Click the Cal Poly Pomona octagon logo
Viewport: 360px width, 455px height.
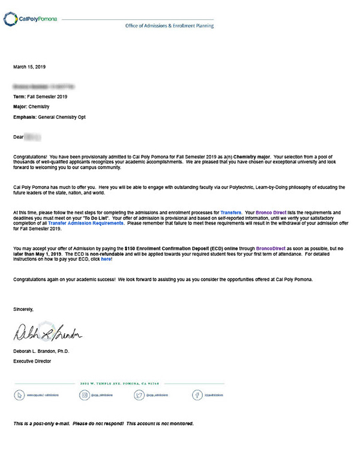tap(10, 19)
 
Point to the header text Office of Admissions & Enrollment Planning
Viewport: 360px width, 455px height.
tap(169, 26)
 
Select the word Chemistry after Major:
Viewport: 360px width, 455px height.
tap(40, 107)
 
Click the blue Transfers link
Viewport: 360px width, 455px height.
tap(231, 213)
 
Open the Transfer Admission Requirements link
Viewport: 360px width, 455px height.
tap(86, 223)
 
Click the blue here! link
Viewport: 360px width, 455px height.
tap(106, 259)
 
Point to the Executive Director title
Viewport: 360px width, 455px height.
tap(32, 361)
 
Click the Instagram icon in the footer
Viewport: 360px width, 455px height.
tap(85, 396)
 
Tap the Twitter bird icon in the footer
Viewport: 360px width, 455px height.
tap(140, 396)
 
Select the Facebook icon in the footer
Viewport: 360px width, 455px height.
tap(196, 396)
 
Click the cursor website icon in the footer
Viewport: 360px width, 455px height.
tap(20, 396)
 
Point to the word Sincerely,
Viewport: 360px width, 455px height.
tap(23, 309)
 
